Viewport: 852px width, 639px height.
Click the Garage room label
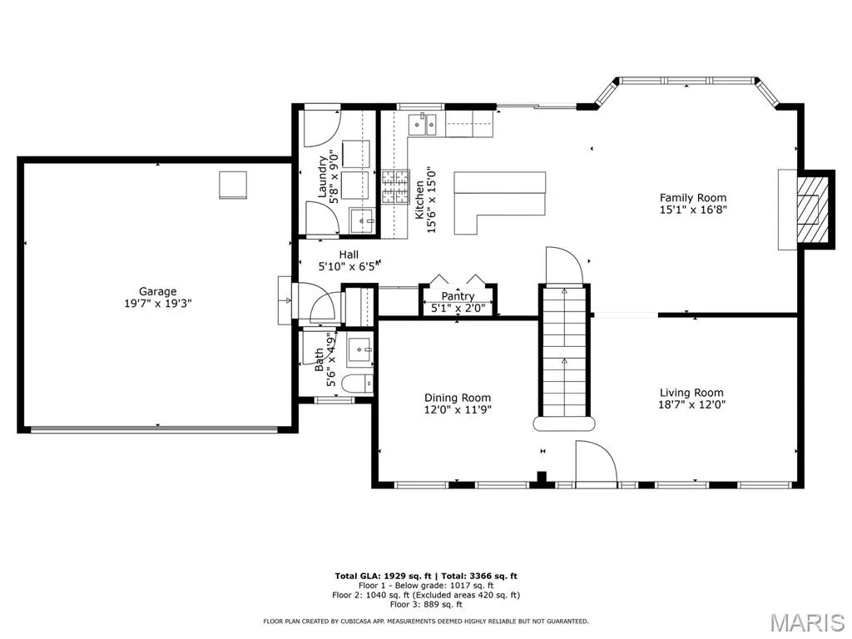[x=157, y=291]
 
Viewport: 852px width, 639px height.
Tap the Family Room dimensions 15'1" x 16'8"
[x=693, y=210]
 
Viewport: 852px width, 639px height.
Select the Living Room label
[x=691, y=393]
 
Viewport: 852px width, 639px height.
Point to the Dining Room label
[x=458, y=398]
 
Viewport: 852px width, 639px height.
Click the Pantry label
[x=458, y=296]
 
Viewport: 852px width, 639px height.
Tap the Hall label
[x=349, y=255]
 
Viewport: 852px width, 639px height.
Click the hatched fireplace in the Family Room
[x=812, y=209]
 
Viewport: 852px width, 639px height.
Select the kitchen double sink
[x=423, y=124]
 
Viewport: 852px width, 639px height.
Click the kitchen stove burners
[x=395, y=187]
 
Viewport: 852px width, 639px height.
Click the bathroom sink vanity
[x=359, y=350]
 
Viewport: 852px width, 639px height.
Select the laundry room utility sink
[x=363, y=220]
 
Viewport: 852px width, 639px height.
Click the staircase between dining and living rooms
[x=564, y=357]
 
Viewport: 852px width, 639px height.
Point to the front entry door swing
[x=596, y=461]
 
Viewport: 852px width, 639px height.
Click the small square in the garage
[x=233, y=185]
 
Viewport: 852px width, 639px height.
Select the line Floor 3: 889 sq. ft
[x=426, y=604]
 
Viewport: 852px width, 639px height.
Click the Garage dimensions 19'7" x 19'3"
[x=157, y=303]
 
